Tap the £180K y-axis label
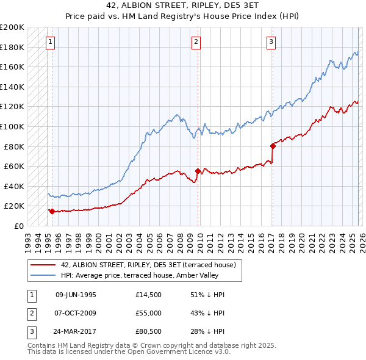coord(12,47)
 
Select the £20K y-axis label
coord(14,206)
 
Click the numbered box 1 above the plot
coord(49,42)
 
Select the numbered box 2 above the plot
coord(196,42)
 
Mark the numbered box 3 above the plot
coord(271,42)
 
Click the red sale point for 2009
coord(198,171)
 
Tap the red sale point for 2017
coord(273,146)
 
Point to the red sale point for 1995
coord(52,212)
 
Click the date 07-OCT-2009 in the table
coord(76,313)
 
